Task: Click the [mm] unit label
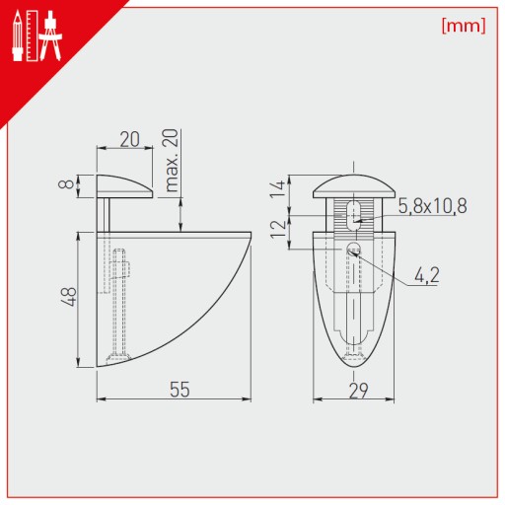(464, 26)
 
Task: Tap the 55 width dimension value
(180, 390)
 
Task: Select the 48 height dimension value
(70, 297)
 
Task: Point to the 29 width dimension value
(358, 391)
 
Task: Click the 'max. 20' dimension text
(172, 161)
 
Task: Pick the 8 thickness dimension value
(66, 182)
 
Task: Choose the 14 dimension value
(277, 188)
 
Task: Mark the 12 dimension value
(277, 229)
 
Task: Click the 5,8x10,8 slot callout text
(432, 206)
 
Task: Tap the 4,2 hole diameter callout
(427, 275)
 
